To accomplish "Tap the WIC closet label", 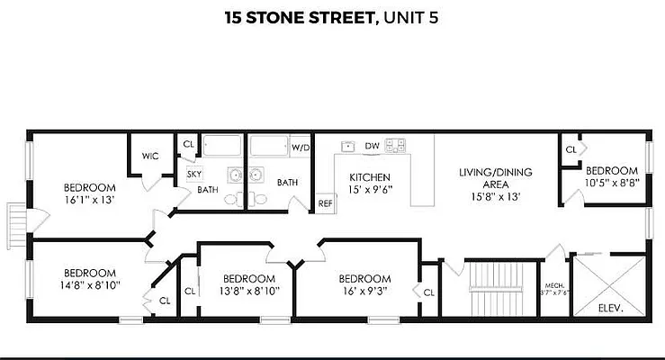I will click(150, 156).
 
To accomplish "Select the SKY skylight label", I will click(193, 173).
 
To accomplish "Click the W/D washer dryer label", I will click(301, 147).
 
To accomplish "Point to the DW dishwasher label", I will click(372, 145).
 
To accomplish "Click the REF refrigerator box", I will click(325, 203).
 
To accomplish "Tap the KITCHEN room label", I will click(369, 177).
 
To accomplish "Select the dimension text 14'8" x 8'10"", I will click(89, 284).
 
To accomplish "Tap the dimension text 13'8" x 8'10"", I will click(248, 290).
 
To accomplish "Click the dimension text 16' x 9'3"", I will click(364, 290).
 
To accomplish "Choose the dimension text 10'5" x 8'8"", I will click(612, 182).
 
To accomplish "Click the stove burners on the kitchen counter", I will click(395, 144).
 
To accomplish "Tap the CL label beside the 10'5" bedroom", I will click(571, 149).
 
